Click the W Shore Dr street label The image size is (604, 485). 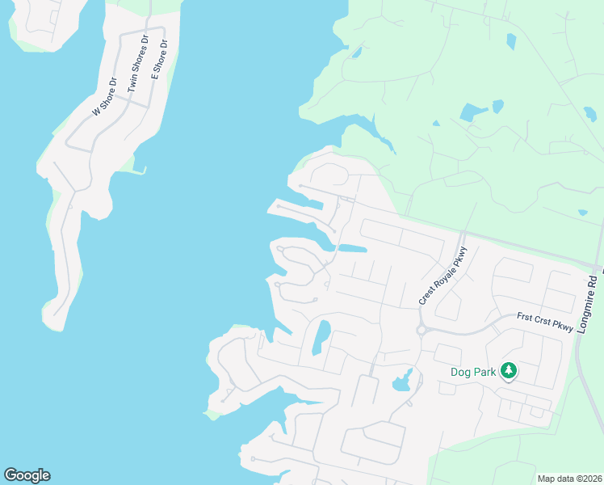click(x=106, y=97)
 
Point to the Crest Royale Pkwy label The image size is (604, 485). click(x=443, y=276)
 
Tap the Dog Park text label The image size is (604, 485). click(x=474, y=373)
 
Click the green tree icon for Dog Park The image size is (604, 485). click(x=508, y=371)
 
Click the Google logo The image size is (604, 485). click(x=27, y=475)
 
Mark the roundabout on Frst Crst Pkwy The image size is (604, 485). click(x=422, y=330)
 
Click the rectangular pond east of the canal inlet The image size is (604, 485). click(x=352, y=248)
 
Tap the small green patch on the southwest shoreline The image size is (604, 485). click(x=212, y=415)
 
